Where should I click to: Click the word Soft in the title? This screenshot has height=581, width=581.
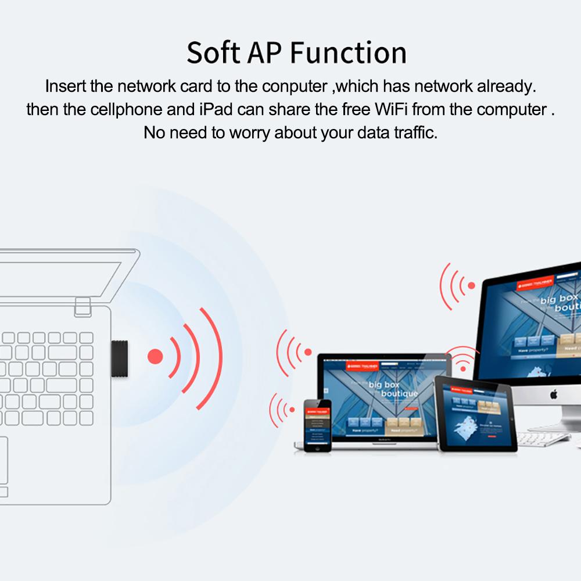coord(213,53)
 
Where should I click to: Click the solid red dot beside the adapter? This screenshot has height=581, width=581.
coord(155,356)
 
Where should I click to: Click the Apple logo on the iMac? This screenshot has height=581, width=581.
coord(554,395)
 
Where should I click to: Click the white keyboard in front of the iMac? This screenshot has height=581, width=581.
coord(543,438)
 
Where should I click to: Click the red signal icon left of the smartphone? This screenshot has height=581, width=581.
coord(282,410)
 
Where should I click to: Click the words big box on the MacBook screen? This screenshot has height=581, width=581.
coord(383,385)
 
